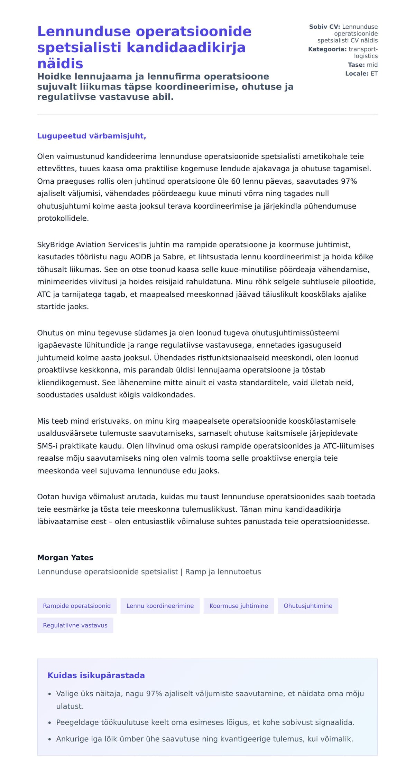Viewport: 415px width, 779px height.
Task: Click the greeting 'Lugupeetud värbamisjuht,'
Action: coord(92,136)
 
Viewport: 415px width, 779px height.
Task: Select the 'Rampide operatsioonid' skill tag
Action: coord(77,606)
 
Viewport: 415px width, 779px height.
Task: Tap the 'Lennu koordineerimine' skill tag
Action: coord(160,606)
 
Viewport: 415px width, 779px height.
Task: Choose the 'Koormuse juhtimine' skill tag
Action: coord(239,606)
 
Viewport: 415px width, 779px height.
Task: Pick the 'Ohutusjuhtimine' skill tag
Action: coord(308,606)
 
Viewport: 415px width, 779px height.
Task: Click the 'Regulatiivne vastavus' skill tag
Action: coord(75,625)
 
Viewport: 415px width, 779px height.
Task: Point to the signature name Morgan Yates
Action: coord(65,557)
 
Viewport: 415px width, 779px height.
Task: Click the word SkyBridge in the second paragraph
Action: coord(52,245)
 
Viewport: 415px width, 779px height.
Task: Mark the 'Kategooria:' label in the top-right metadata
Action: coord(327,49)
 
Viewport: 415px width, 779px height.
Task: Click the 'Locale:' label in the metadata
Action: coord(357,74)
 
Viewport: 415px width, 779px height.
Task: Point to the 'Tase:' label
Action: coord(356,65)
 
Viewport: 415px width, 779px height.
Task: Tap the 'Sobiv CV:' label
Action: coord(324,27)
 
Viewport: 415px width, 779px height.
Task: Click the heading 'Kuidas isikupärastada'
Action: coord(96,675)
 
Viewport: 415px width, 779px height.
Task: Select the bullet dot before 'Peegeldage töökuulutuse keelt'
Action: coord(50,723)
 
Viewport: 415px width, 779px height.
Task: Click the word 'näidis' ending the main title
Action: coord(60,64)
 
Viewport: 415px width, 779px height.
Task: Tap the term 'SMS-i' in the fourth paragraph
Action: coord(47,446)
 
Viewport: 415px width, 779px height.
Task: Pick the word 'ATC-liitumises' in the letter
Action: coord(349,446)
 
